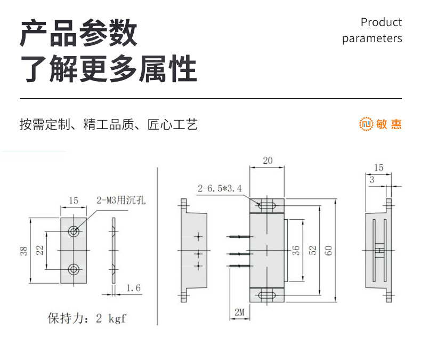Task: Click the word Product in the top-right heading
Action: coord(381,22)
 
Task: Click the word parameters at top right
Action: coord(372,38)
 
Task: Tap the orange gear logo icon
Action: coord(366,124)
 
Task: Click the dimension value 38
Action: coord(23,251)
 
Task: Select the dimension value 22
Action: coord(40,250)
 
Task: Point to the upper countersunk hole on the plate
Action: coord(74,231)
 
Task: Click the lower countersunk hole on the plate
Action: coord(74,269)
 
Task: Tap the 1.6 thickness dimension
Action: coord(133,288)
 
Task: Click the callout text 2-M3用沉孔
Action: coord(121,200)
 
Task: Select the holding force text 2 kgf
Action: coord(111,318)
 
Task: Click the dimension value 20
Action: coord(268,161)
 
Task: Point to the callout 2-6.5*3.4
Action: coord(220,188)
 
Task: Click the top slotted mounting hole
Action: coord(267,206)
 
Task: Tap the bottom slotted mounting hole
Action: coord(267,295)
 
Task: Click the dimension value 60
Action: coord(328,250)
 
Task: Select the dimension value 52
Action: coord(312,250)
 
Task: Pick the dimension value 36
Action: coord(296,250)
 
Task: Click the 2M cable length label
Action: coord(239,312)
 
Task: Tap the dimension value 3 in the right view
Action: coord(372,180)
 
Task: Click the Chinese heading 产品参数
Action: coord(78,33)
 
